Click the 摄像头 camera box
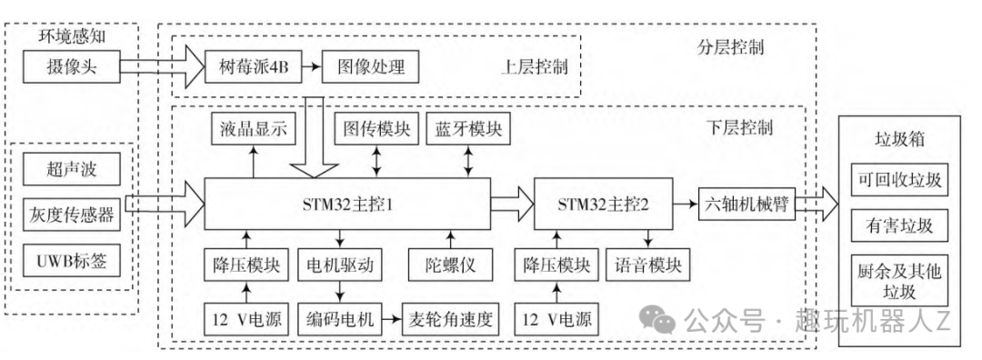coord(71,67)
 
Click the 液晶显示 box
coord(254,130)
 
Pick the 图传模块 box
coord(376,130)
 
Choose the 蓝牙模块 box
coord(468,130)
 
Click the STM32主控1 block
coord(347,205)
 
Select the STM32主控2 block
coord(603,205)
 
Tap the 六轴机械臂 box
coord(747,205)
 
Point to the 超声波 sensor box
coord(71,170)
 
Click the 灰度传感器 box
coord(71,215)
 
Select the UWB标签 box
coord(71,261)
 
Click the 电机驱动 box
coord(340,265)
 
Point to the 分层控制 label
coord(730,47)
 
